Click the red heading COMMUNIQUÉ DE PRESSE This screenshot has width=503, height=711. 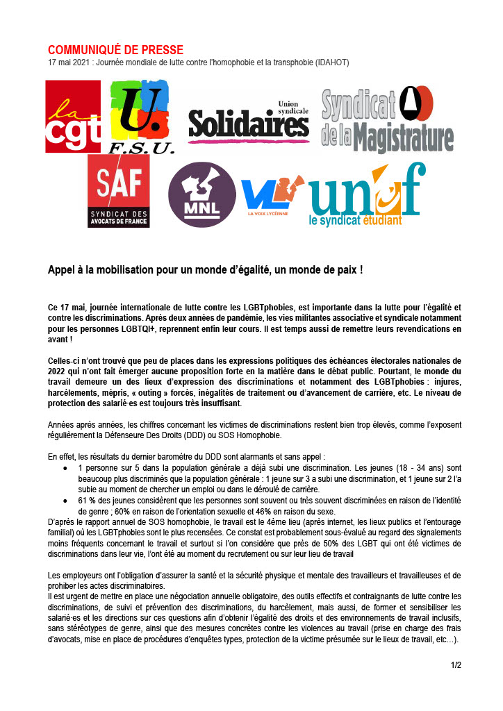click(x=115, y=50)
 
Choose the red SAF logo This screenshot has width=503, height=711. click(x=119, y=191)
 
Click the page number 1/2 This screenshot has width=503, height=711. click(x=456, y=665)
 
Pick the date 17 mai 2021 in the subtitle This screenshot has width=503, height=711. click(x=69, y=62)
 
